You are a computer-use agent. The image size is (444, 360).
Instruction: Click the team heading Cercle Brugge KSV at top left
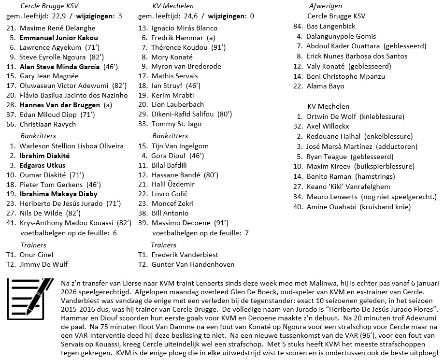pyautogui.click(x=49, y=6)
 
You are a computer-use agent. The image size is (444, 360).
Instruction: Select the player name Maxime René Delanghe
pyautogui.click(x=57, y=28)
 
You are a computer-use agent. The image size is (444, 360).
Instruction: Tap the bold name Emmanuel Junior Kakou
pyautogui.click(x=58, y=38)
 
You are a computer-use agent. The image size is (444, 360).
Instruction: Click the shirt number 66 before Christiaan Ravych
pyautogui.click(x=11, y=124)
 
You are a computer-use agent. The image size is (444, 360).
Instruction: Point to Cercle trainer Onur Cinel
pyautogui.click(x=36, y=255)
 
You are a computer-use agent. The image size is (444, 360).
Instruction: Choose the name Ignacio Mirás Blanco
pyautogui.click(x=185, y=28)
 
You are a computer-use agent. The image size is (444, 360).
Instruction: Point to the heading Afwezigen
pyautogui.click(x=325, y=6)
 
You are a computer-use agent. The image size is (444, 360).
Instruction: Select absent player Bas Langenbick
pyautogui.click(x=331, y=26)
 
